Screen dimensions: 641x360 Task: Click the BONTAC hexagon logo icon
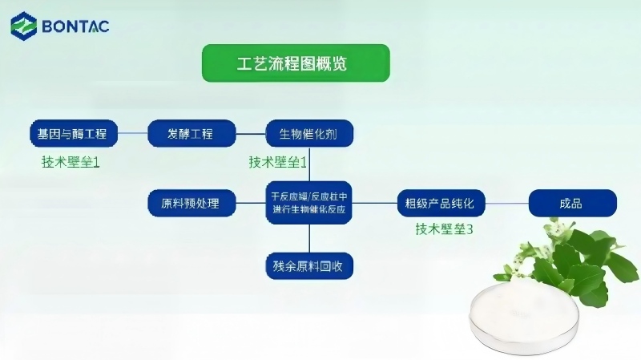pos(24,26)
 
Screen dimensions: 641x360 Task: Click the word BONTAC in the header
pos(75,26)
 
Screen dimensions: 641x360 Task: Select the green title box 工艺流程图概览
pos(296,63)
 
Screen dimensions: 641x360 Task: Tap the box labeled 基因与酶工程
pos(74,133)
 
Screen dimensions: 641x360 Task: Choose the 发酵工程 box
pos(191,133)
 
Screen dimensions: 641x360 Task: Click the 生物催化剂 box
pos(309,133)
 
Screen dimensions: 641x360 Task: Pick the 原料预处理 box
pos(191,203)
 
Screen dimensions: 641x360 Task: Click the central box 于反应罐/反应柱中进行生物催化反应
pos(309,203)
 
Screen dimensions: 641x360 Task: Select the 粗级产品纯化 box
pos(441,203)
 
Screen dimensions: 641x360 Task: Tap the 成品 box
pos(573,203)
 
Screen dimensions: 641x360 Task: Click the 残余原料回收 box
pos(309,266)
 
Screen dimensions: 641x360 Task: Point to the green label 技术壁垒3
pos(445,229)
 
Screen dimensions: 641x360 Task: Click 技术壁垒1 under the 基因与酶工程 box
pos(71,162)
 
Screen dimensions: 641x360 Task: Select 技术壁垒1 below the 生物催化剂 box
pos(278,162)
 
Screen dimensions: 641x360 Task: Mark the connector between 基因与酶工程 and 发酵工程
pos(132,133)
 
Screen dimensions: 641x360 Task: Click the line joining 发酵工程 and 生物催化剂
pos(251,134)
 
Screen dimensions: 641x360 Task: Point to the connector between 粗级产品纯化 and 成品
pos(507,203)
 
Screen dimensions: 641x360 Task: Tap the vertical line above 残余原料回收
pos(309,238)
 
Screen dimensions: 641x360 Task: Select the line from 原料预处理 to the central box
pos(251,203)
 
